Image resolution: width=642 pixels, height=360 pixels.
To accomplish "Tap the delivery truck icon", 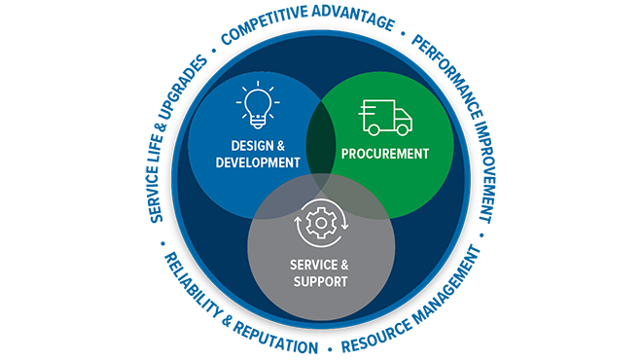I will tap(385, 117).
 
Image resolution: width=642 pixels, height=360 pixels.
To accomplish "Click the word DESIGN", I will tap(236, 146).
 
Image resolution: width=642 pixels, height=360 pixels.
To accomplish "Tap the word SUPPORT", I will tap(321, 282).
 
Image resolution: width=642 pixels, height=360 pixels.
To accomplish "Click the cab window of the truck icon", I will tap(401, 115).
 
